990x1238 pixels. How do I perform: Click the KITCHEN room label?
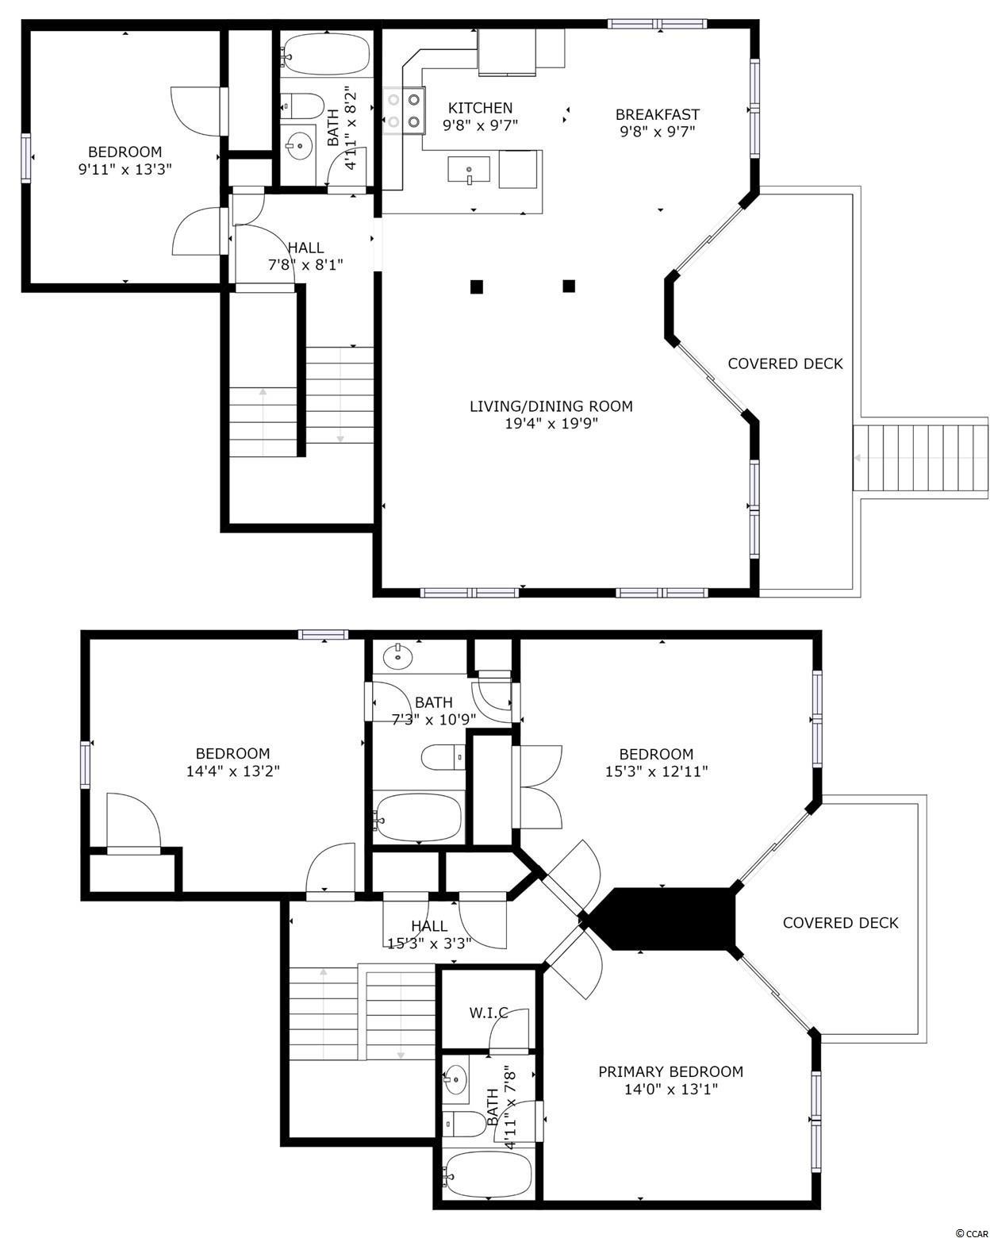point(480,108)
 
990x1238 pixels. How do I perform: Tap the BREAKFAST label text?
point(657,114)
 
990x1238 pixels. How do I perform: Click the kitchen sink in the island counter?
point(469,171)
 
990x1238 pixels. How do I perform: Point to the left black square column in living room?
point(476,286)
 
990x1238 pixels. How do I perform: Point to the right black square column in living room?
point(568,286)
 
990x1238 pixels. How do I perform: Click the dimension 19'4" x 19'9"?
point(551,424)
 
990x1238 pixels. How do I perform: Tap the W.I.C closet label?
point(489,1013)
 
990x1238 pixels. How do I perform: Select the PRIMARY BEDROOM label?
point(671,1072)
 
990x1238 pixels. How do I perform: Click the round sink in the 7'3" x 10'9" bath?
point(397,656)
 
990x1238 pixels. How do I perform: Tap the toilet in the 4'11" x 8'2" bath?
point(303,106)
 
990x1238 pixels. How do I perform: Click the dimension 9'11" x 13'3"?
point(125,169)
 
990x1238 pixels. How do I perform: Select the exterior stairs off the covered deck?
point(920,457)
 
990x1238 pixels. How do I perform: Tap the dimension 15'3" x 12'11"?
point(656,771)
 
